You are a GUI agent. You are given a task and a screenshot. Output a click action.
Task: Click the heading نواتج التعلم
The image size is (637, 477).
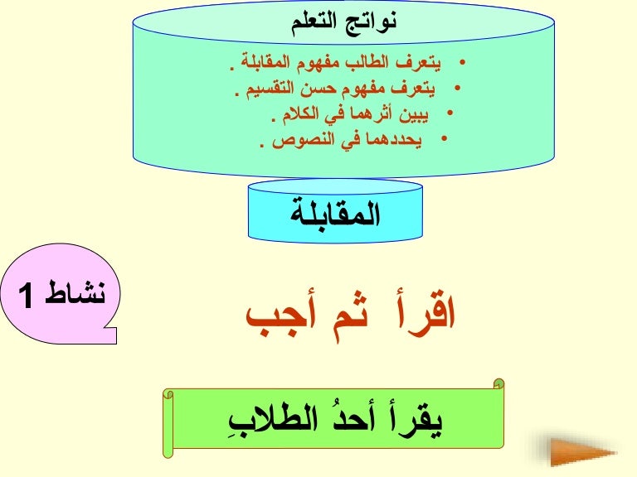pyautogui.click(x=343, y=22)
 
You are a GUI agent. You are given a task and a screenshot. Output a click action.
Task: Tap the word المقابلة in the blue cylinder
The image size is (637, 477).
pyautogui.click(x=335, y=214)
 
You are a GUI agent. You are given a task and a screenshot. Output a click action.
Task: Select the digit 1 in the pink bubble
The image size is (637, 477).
pyautogui.click(x=26, y=296)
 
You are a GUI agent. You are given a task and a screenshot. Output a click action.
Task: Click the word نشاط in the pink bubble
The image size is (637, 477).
pyautogui.click(x=75, y=292)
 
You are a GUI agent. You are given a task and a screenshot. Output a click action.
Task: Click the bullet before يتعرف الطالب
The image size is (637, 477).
pyautogui.click(x=462, y=62)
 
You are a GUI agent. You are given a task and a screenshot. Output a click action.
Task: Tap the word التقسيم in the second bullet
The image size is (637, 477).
pyautogui.click(x=270, y=89)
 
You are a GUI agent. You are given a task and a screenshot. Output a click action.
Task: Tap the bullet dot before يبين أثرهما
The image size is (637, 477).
pyautogui.click(x=450, y=113)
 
